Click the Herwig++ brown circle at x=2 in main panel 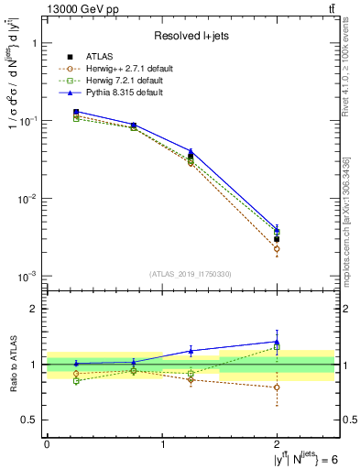click(277, 249)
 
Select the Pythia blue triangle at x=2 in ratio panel click(277, 342)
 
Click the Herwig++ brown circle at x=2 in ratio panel click(277, 387)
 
